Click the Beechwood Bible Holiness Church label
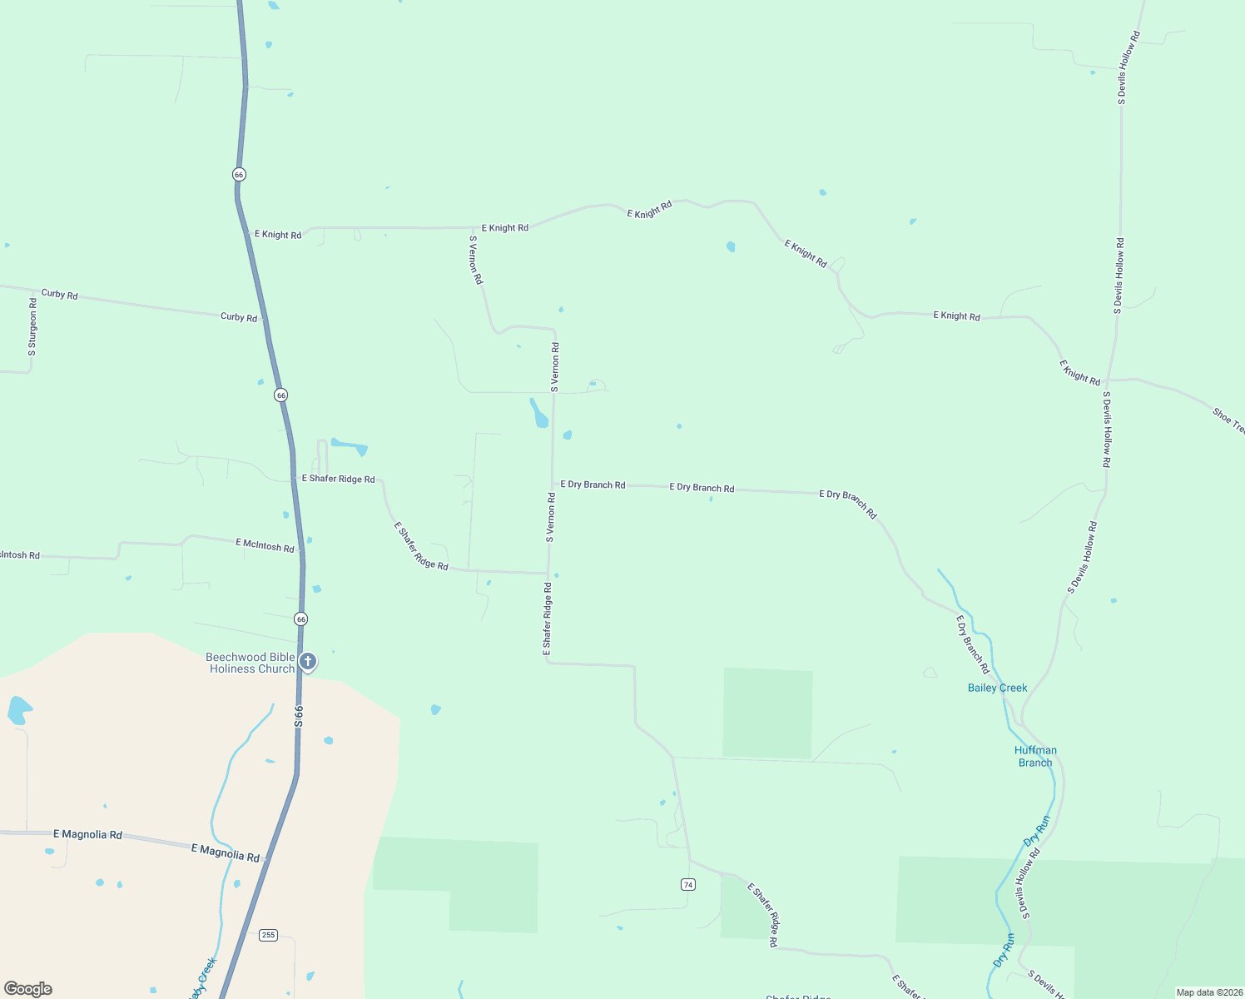[x=250, y=663]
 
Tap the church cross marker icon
[x=308, y=662]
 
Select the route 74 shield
[x=687, y=884]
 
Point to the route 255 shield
[x=268, y=935]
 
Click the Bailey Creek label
[x=997, y=688]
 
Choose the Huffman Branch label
[x=1035, y=756]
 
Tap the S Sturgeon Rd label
[x=32, y=327]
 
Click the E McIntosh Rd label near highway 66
[x=265, y=545]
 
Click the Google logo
[x=28, y=989]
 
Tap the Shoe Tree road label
[x=1228, y=420]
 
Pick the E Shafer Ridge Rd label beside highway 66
[x=338, y=479]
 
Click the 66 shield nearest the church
[x=300, y=619]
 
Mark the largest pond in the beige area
[x=17, y=710]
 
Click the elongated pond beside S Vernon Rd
[x=539, y=414]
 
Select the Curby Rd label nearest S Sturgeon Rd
[x=59, y=294]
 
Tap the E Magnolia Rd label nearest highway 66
[x=225, y=852]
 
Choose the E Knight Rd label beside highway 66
[x=278, y=235]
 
